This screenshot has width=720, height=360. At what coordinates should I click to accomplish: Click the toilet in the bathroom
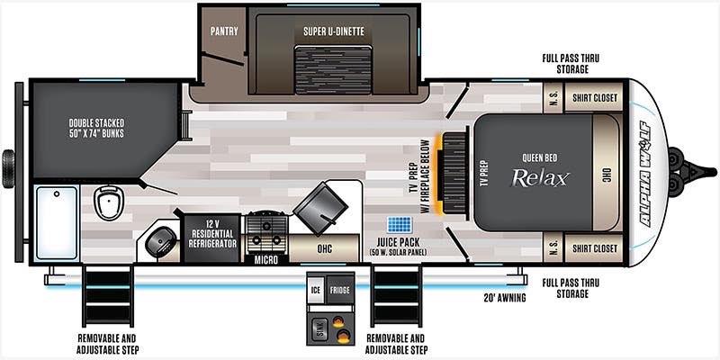tap(109, 202)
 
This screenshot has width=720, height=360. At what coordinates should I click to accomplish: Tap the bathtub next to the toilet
tap(57, 222)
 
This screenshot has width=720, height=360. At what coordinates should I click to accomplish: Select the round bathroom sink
tap(161, 242)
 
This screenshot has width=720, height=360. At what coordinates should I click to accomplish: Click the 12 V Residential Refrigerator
tap(212, 238)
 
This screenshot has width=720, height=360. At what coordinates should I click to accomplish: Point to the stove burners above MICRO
tap(266, 232)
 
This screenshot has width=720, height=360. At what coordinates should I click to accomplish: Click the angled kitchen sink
tap(320, 208)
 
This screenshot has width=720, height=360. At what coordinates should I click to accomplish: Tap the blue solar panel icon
tap(400, 224)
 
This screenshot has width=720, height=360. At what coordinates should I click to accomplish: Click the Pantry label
tap(224, 31)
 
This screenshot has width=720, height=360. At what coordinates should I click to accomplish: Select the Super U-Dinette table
tap(333, 70)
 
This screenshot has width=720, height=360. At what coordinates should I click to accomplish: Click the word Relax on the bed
tap(541, 177)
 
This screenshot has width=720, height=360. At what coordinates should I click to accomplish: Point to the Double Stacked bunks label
tap(97, 128)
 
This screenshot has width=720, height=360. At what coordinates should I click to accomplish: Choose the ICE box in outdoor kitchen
tap(316, 289)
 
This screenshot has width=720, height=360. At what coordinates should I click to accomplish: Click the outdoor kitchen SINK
tap(319, 328)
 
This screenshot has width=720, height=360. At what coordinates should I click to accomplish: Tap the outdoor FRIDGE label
tap(340, 290)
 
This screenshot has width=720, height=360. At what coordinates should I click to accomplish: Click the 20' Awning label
tap(504, 298)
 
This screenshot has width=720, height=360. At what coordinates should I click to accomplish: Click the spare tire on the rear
tap(8, 168)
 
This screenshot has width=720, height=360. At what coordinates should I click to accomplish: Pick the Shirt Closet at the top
tap(594, 97)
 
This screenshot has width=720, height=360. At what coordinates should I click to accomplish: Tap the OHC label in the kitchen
tap(324, 248)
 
